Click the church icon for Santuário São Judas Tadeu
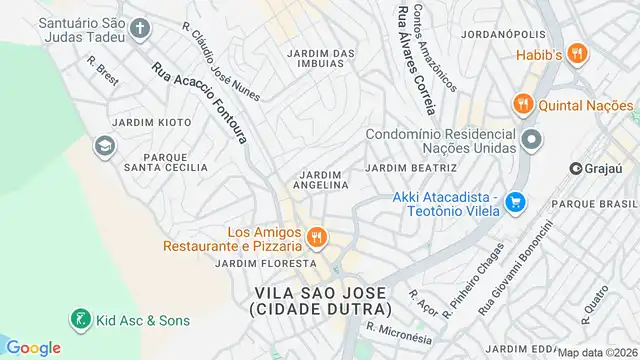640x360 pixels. pos(139,28)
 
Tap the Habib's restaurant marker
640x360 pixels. pos(577,54)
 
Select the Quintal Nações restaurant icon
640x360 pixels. pos(521,104)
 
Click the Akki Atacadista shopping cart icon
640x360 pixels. pos(515,203)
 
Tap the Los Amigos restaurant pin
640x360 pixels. pos(317,237)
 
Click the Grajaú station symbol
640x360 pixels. pos(577,168)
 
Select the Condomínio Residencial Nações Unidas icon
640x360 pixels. pos(531,140)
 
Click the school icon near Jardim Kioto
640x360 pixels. pos(103,147)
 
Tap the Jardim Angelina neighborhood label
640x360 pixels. pos(322,179)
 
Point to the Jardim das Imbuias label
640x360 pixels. pos(321,57)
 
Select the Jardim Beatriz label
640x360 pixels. pos(411,167)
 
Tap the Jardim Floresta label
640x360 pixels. pos(252,263)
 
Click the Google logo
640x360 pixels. pos(33,347)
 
